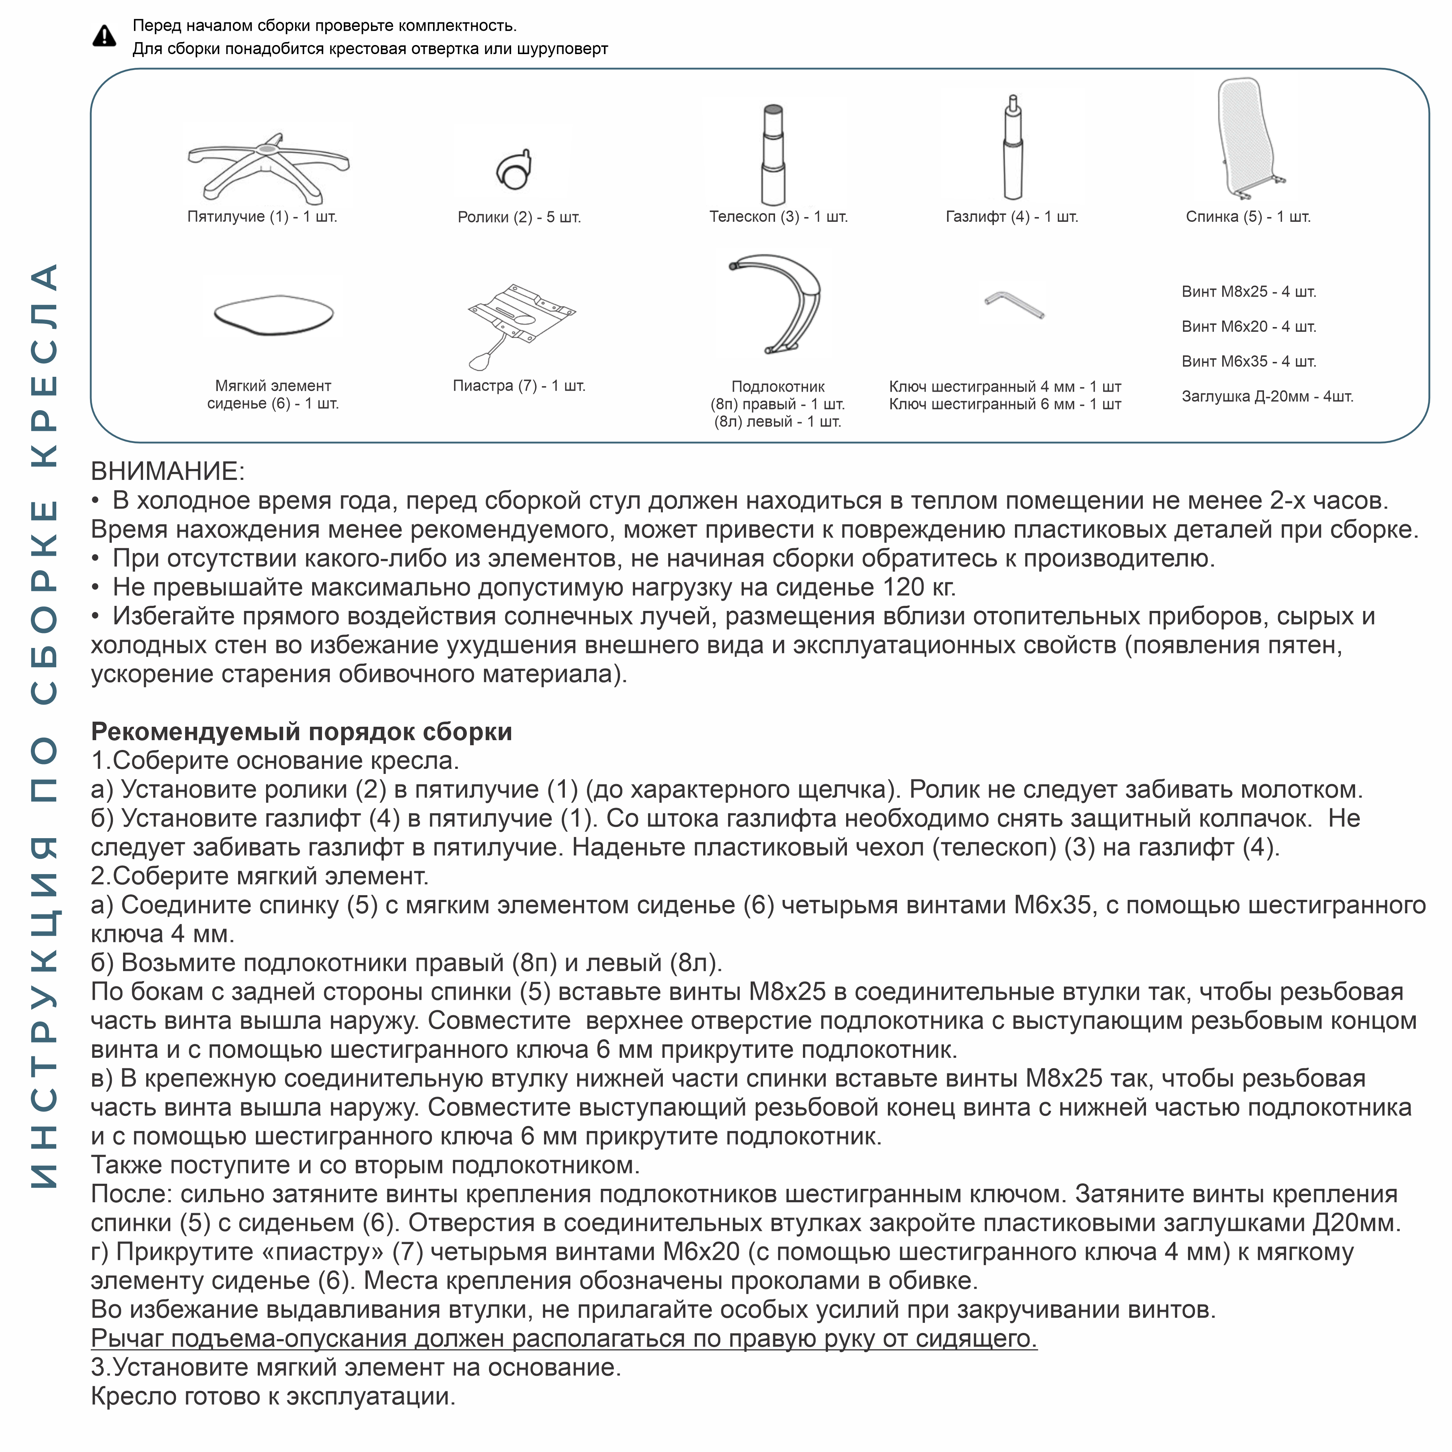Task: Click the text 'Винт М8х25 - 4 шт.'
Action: click(1248, 291)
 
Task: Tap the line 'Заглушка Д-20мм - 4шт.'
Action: click(1267, 396)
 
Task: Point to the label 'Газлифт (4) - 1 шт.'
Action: click(1012, 216)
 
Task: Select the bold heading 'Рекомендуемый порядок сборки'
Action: click(301, 731)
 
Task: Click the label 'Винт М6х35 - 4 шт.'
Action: click(1248, 362)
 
